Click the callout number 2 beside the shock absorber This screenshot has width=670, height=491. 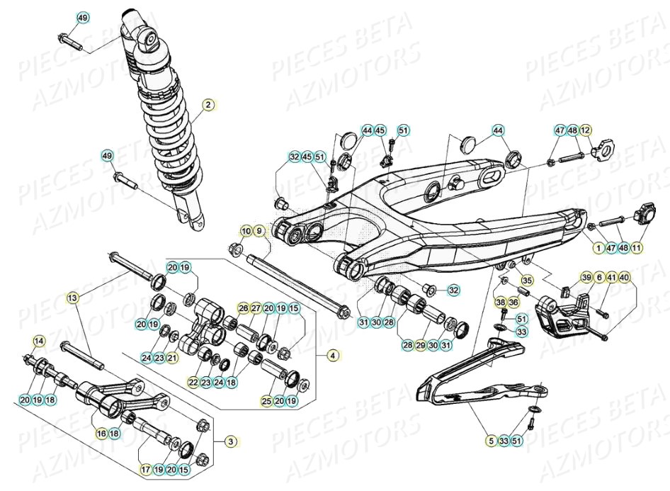[208, 106]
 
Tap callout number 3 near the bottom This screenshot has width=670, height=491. [230, 441]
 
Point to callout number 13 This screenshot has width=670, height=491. [72, 298]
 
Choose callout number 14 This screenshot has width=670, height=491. [38, 342]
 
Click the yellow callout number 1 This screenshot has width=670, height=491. [598, 247]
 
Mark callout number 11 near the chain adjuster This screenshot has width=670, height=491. [636, 247]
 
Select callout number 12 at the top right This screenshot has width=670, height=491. [585, 130]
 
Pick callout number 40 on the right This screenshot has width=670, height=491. [623, 277]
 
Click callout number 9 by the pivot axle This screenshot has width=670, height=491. [259, 231]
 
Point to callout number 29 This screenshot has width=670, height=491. [420, 344]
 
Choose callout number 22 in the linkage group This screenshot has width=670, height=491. [193, 382]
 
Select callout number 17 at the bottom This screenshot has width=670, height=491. [145, 468]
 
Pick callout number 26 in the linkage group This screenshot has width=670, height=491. [243, 308]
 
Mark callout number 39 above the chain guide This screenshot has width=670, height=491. [586, 277]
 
